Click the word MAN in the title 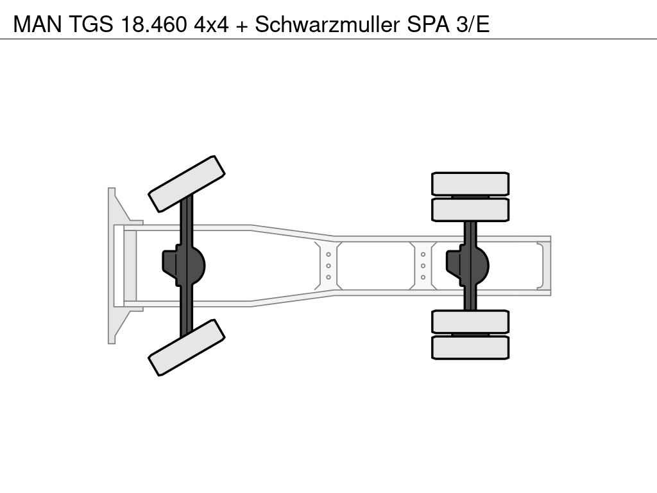pos(37,24)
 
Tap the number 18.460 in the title pos(153,24)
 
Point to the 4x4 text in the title pos(211,24)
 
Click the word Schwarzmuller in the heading pos(327,24)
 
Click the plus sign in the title pos(242,26)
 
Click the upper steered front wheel pos(187,184)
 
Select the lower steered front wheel pos(187,347)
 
